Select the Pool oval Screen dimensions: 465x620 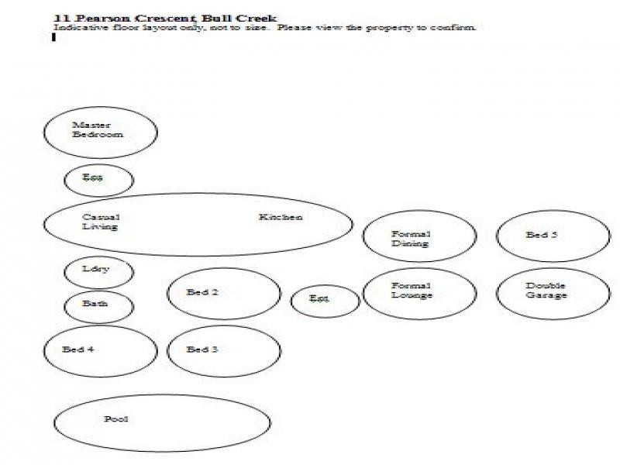(x=161, y=422)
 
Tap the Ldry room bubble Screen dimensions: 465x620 (x=98, y=271)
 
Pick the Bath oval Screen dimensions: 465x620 (x=98, y=305)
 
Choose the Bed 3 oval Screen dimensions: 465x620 (x=223, y=351)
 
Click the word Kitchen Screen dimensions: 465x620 (x=281, y=218)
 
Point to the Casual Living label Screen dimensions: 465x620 (x=101, y=222)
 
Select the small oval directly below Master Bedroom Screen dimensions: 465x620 (x=98, y=180)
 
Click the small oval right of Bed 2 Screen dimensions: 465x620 (x=325, y=301)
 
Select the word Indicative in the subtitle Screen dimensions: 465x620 (x=74, y=28)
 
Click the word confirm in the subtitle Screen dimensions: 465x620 (x=457, y=28)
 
